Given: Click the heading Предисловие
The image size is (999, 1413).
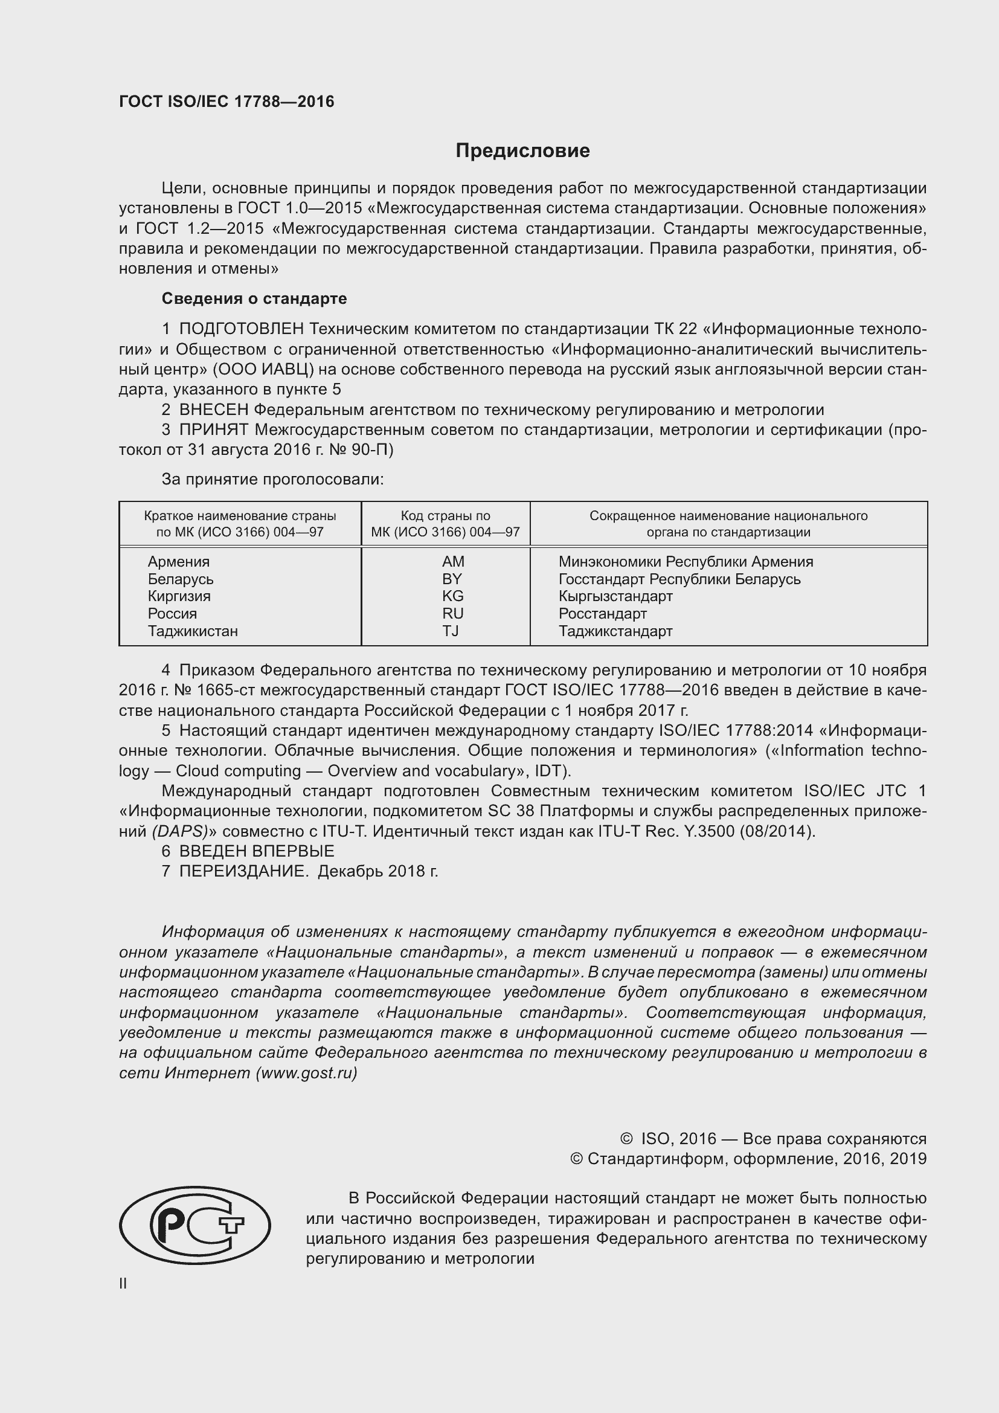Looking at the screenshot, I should point(522,151).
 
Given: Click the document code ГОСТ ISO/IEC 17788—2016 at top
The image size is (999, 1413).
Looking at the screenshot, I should point(226,101).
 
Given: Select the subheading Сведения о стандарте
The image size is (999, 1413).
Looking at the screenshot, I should point(254,298).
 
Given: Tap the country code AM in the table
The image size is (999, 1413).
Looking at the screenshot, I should point(453,561).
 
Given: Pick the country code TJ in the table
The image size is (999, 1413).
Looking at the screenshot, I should point(451,631).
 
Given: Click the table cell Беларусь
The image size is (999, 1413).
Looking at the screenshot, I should point(180,579).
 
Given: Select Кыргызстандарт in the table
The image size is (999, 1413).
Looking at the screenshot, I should point(615,596).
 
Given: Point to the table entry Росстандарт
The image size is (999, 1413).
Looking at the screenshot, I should point(602,614).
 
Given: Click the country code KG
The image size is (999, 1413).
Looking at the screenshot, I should point(452,596).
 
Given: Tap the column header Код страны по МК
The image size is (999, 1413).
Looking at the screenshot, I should point(445,524).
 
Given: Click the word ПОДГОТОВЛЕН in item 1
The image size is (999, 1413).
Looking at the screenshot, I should point(241,329).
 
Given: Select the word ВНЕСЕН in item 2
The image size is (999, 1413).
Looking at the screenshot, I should point(213,410).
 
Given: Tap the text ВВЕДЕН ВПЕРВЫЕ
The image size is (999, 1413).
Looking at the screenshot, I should point(257,851).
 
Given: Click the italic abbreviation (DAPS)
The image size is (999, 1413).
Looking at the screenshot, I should point(179,831).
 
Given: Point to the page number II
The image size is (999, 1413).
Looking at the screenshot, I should point(123,1284).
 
